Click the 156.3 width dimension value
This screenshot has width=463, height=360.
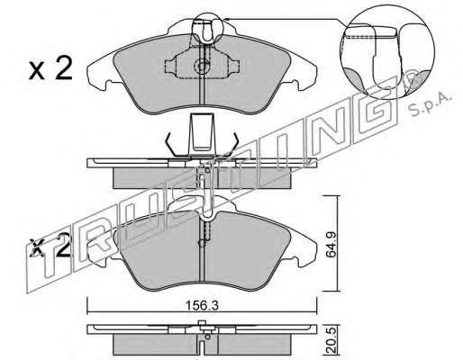(x=202, y=306)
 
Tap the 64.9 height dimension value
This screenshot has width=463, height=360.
(x=331, y=244)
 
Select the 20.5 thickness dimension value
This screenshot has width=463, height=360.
(x=331, y=339)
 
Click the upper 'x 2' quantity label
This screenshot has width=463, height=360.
(x=50, y=68)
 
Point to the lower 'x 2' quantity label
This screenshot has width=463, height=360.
(x=50, y=247)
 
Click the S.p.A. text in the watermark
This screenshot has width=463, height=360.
(x=431, y=105)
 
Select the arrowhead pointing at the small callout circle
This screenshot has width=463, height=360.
(x=227, y=19)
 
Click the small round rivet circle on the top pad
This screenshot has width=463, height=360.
(x=202, y=66)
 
